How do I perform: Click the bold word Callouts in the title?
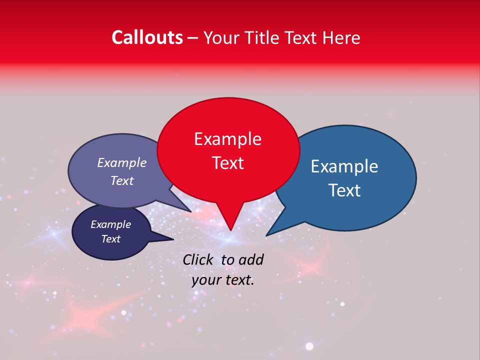(147, 37)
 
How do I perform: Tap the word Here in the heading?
(341, 37)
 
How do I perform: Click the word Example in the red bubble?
(227, 139)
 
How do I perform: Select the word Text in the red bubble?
(227, 163)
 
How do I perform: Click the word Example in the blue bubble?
(344, 166)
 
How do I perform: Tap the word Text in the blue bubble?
(344, 190)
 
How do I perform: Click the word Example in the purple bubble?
(121, 162)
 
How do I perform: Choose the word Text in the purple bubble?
(121, 180)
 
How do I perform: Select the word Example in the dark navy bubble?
(110, 224)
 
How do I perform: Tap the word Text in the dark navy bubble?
(110, 239)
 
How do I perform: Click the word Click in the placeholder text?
(199, 259)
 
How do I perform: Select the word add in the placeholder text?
(250, 259)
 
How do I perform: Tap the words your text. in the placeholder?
(223, 280)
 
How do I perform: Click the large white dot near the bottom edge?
(309, 346)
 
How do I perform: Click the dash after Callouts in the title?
(193, 38)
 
